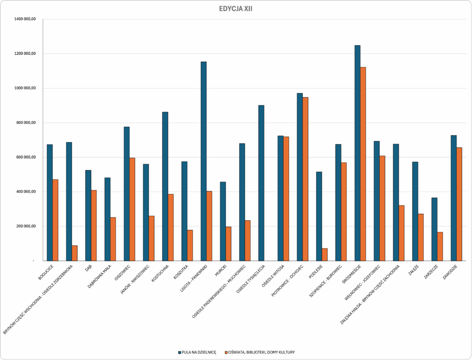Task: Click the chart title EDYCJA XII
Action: tap(236, 9)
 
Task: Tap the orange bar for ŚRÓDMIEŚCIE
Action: tap(363, 164)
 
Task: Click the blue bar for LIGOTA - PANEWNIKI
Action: tap(203, 161)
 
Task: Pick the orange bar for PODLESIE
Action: tap(324, 254)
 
